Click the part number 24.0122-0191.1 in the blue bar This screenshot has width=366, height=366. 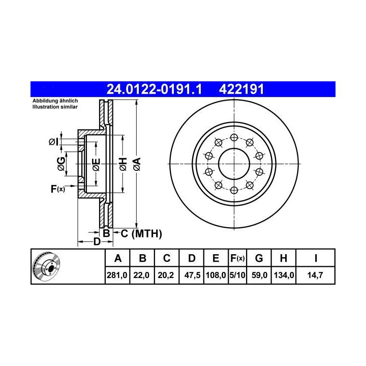(154, 89)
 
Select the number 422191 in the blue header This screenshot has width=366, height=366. (241, 89)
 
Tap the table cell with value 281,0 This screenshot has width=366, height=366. (117, 275)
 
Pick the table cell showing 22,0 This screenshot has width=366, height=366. (141, 275)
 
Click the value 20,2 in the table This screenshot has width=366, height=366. (166, 275)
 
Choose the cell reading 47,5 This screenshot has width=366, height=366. (192, 275)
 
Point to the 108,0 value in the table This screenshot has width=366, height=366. (216, 275)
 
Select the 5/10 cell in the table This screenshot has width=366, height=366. (237, 275)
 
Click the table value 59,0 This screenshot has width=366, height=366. (259, 275)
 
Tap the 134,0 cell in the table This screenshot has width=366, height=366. (284, 275)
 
